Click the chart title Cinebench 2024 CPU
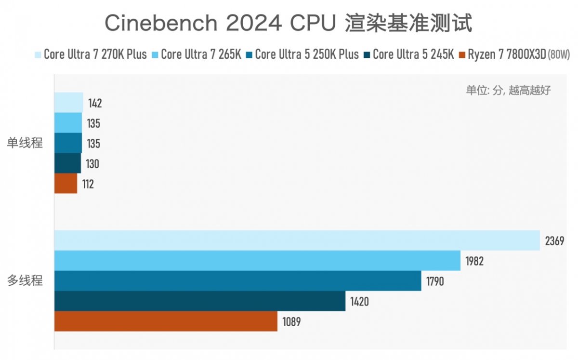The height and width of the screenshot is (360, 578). [x=289, y=23]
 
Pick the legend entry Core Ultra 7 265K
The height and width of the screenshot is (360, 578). [x=199, y=54]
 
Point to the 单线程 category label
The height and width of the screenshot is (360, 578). [x=25, y=143]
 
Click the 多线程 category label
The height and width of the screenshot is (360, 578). [x=25, y=280]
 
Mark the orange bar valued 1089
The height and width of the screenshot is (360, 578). [x=166, y=321]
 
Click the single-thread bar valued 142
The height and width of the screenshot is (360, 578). [x=68, y=103]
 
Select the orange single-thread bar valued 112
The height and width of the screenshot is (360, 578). [x=66, y=184]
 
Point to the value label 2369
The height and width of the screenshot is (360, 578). [x=554, y=241]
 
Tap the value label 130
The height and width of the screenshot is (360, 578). [x=93, y=164]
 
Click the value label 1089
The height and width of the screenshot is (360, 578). [x=292, y=322]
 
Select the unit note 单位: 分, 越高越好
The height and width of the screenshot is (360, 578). [x=508, y=90]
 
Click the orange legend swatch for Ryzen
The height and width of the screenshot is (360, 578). [x=463, y=54]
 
